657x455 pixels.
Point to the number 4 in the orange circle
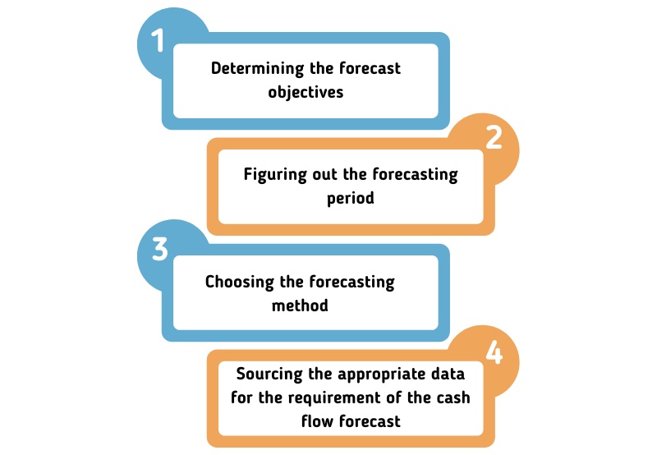click(x=494, y=352)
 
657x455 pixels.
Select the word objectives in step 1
click(x=306, y=92)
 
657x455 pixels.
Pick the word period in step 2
click(x=351, y=199)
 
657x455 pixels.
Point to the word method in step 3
click(x=300, y=306)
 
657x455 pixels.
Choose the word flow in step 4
click(x=316, y=421)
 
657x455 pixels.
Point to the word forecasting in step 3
click(x=351, y=283)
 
